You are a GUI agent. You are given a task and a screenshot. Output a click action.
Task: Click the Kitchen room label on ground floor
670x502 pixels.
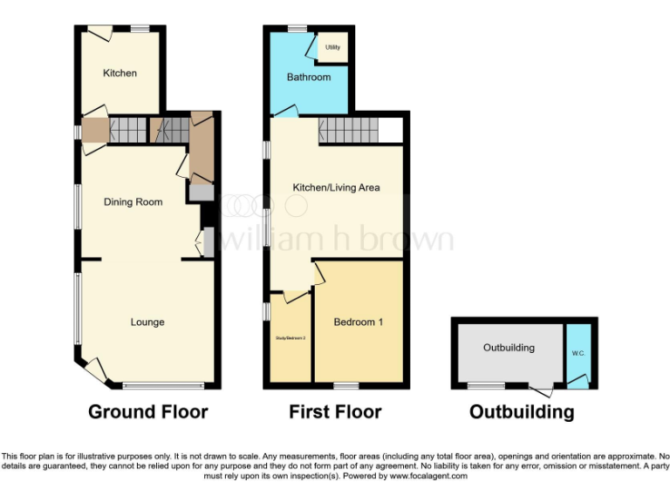(120, 73)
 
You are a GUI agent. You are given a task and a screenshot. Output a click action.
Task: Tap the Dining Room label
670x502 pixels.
(133, 202)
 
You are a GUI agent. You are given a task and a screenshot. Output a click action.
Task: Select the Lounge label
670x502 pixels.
(147, 322)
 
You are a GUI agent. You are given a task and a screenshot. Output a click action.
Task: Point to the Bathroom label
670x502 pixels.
(309, 78)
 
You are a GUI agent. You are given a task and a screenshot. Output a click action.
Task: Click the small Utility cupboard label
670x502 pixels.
(332, 47)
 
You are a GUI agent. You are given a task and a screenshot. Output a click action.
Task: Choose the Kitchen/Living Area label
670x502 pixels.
(336, 187)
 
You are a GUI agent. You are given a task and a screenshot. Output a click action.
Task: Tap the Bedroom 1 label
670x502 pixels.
(359, 322)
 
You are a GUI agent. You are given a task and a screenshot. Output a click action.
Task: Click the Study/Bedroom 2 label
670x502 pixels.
(290, 338)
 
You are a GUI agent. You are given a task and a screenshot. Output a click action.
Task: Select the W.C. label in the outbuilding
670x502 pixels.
(578, 354)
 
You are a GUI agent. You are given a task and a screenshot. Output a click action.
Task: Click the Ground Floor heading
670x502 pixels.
(147, 411)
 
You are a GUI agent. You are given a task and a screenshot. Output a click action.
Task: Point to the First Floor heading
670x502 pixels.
(335, 411)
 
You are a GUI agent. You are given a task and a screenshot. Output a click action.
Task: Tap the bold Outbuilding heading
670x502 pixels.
(522, 411)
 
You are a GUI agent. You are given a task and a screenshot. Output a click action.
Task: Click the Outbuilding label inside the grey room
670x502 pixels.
(509, 348)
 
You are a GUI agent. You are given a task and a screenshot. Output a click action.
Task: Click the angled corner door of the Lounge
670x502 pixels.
(96, 370)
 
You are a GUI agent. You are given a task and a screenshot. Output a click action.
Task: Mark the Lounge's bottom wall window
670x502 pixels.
(162, 385)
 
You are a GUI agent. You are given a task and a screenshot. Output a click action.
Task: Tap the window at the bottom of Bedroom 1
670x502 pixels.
(346, 385)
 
